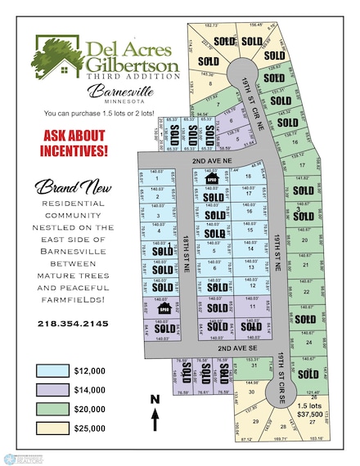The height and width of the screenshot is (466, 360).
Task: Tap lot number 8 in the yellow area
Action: pyautogui.click(x=210, y=83)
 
